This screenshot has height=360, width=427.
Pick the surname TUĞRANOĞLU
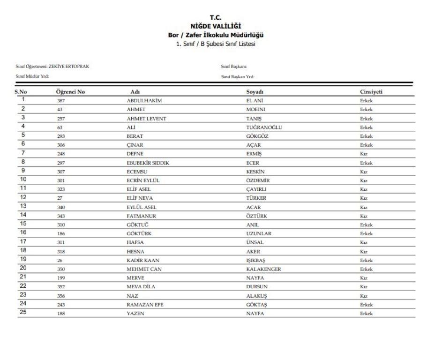point(263,126)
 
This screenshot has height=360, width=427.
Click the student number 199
point(61,277)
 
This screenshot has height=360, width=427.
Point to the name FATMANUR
point(141,215)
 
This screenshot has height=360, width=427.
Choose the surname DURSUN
point(257,286)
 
